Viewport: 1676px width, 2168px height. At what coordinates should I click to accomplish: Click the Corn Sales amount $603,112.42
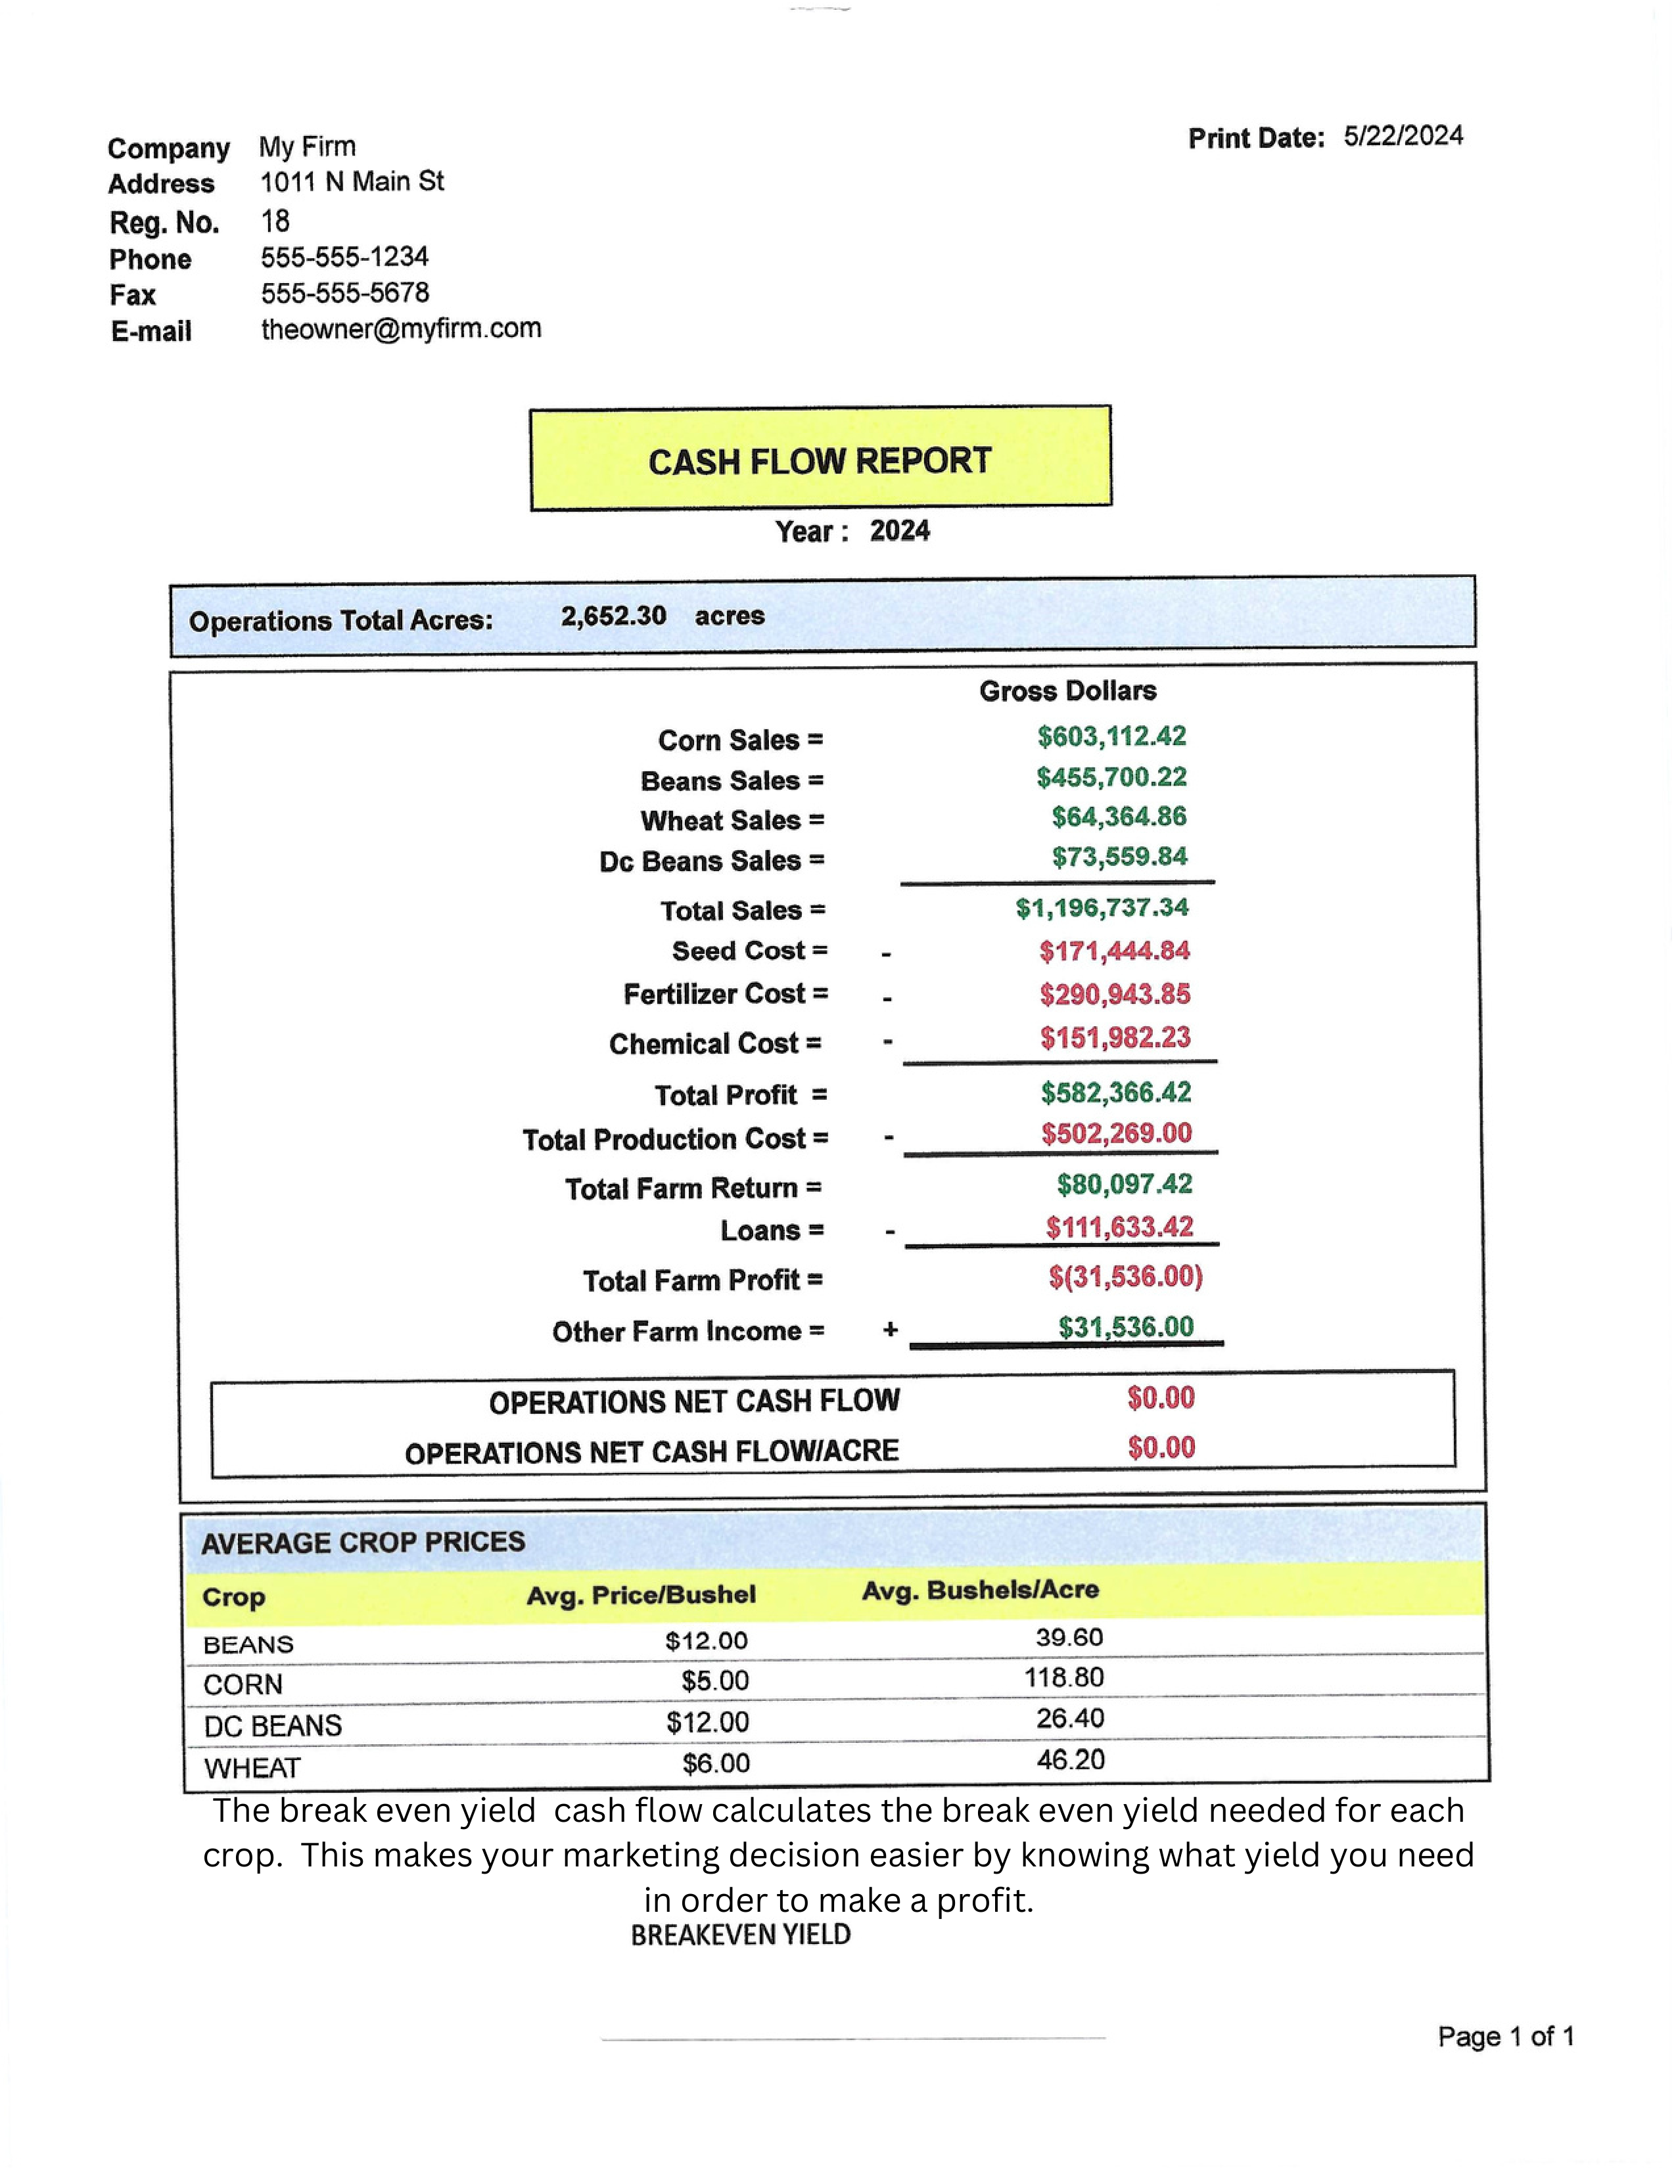(1111, 736)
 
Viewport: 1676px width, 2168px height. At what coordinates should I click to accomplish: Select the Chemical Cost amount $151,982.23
(1115, 1037)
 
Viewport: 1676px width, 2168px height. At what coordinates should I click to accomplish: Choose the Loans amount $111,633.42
(1119, 1227)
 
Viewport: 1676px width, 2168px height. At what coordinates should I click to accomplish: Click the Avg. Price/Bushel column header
(640, 1594)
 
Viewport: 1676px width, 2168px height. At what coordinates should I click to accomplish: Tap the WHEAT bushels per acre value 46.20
(1070, 1760)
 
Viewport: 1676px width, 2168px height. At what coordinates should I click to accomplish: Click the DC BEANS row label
(272, 1725)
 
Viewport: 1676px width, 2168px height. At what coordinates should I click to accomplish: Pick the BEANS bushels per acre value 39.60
(1069, 1637)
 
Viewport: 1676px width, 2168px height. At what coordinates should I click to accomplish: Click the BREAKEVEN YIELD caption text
(741, 1935)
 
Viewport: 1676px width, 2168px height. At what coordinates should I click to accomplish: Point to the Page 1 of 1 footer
(1505, 2037)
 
